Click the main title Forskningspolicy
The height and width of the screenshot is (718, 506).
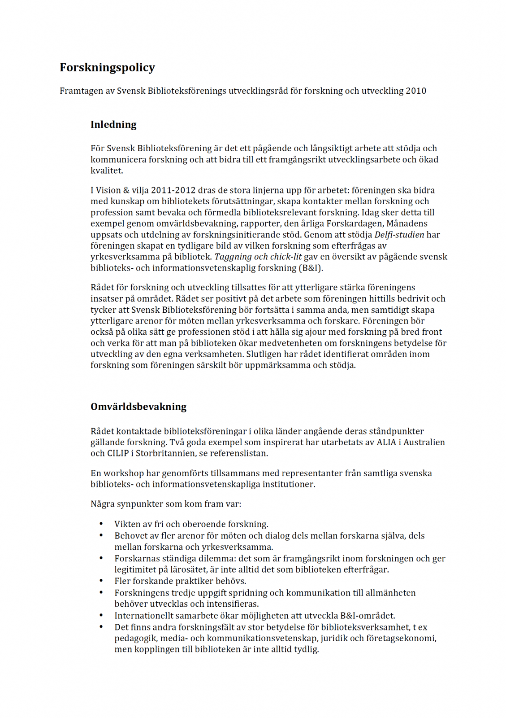tap(107, 67)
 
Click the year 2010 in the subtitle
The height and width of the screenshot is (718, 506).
tap(416, 91)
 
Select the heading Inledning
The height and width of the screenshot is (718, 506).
tap(113, 124)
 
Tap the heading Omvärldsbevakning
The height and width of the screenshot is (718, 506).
tap(138, 407)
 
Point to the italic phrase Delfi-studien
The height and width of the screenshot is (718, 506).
tap(399, 235)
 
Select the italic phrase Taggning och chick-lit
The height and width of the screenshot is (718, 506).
tap(258, 257)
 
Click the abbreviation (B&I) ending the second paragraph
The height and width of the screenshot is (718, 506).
tap(310, 268)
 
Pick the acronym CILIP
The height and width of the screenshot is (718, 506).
tap(118, 453)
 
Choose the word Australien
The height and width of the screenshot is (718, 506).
tap(423, 442)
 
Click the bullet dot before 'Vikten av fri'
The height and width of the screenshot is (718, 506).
tap(101, 524)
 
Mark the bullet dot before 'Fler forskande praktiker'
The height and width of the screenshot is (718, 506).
tap(101, 581)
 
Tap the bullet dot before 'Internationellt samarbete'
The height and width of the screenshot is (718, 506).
tap(101, 615)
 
